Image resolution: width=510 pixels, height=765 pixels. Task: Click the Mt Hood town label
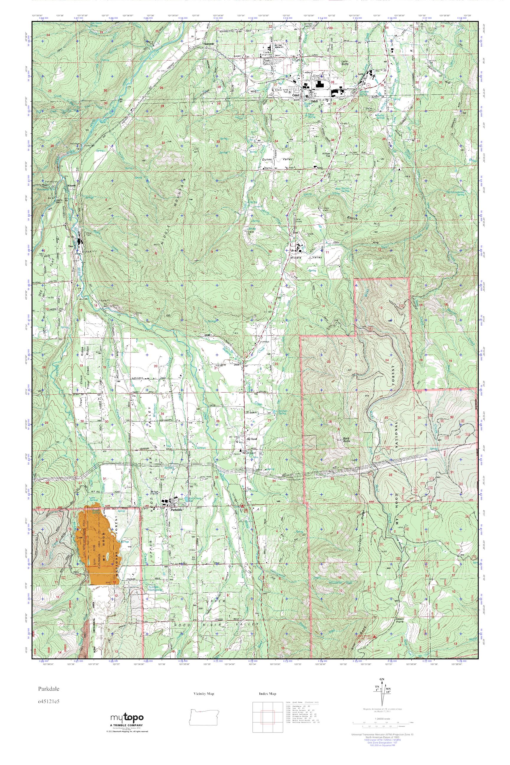(252, 439)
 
